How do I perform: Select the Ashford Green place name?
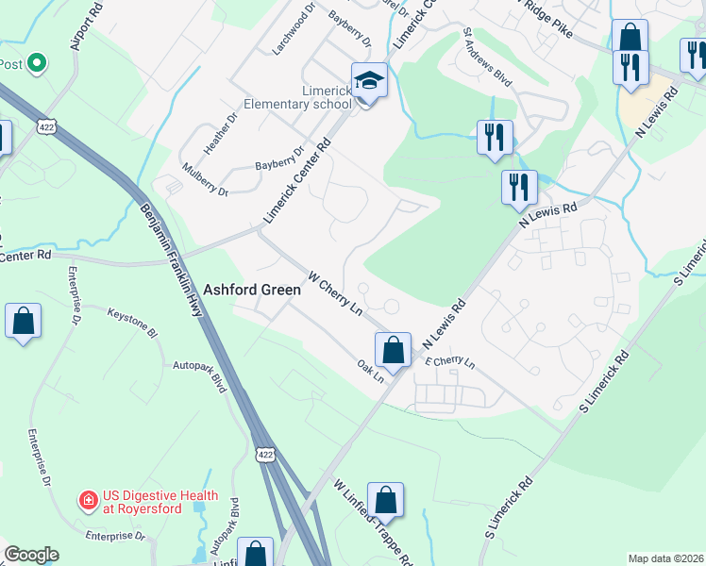(x=253, y=291)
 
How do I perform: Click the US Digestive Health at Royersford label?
(x=160, y=503)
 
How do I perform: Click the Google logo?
(x=31, y=555)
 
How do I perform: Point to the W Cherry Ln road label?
(x=336, y=294)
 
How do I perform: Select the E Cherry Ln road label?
(x=450, y=362)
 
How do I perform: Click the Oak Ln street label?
(x=371, y=369)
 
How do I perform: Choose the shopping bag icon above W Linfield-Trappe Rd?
(x=385, y=500)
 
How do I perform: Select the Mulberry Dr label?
(x=205, y=181)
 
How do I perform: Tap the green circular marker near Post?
(x=37, y=64)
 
